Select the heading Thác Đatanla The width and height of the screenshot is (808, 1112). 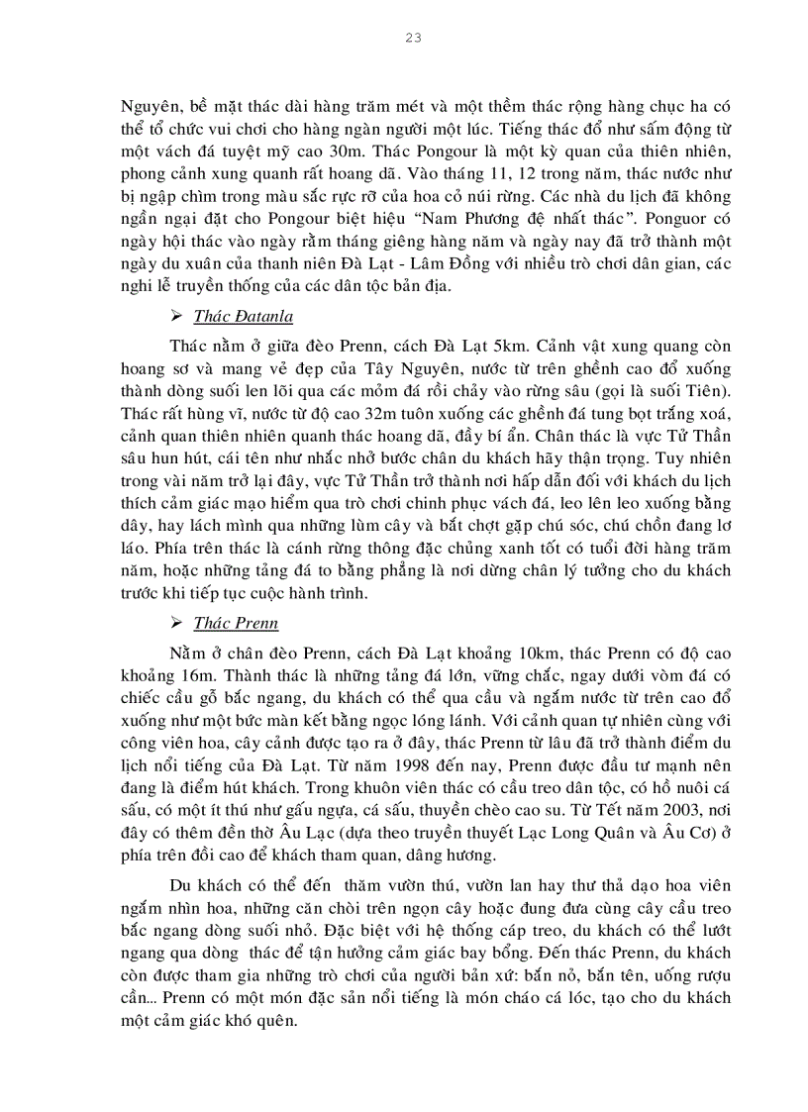coord(243,316)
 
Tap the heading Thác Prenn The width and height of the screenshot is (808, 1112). coord(236,623)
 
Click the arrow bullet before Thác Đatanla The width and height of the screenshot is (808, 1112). coord(177,316)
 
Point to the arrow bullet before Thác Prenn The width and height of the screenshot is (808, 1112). coord(177,623)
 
